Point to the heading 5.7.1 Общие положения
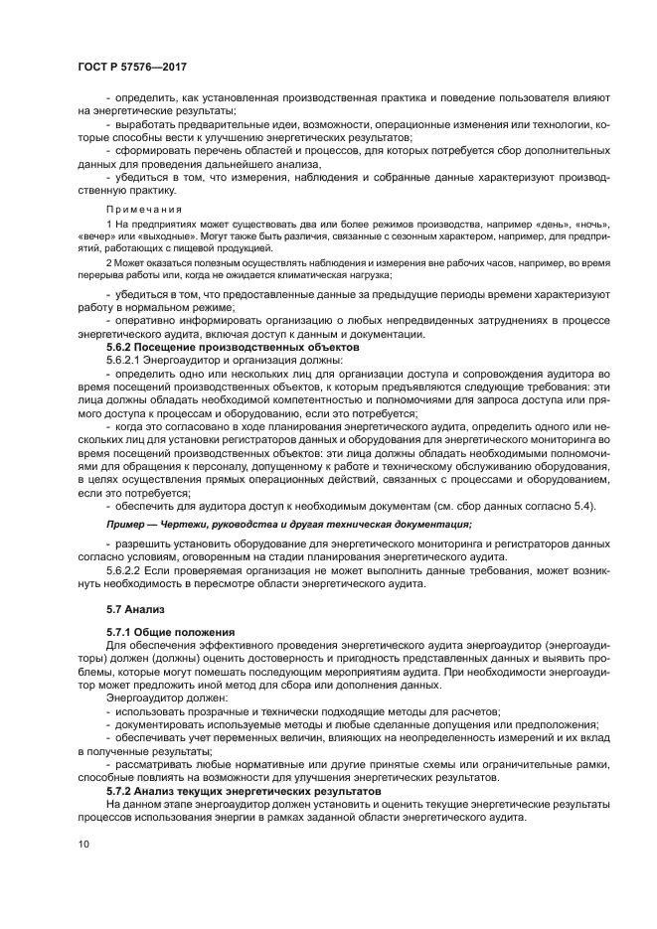click(170, 632)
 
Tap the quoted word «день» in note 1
click(544, 227)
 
